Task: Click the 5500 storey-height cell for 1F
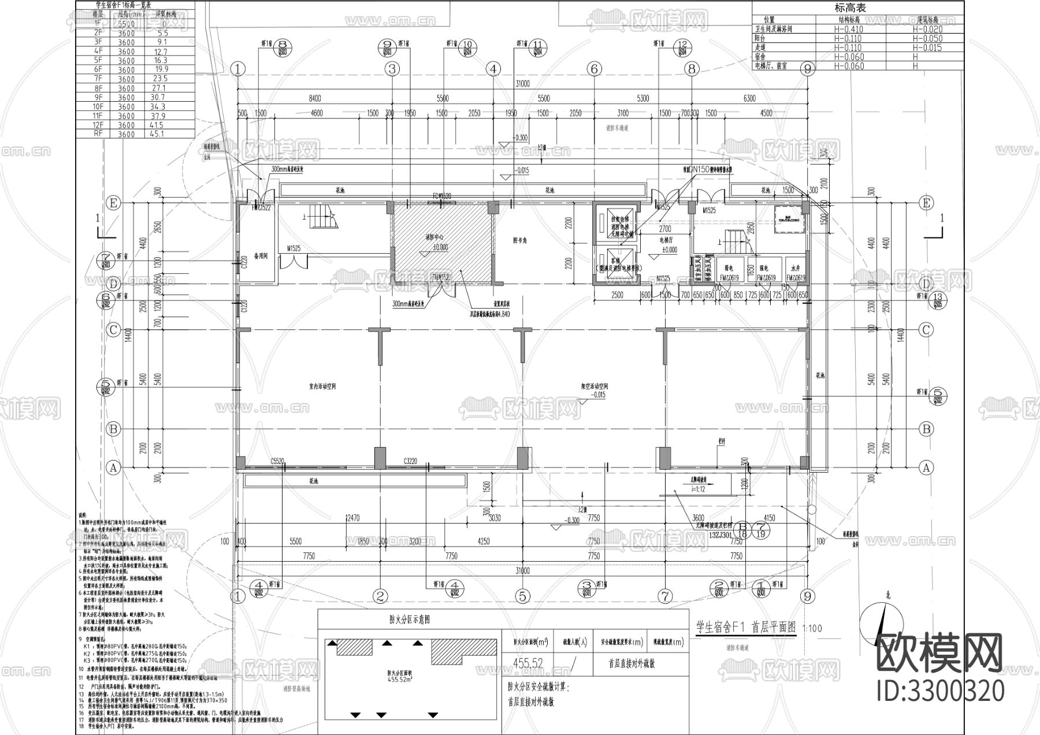126,24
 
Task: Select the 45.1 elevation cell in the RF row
157,134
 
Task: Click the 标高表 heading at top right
850,8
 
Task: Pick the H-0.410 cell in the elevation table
848,29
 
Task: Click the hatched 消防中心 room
440,243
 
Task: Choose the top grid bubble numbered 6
594,69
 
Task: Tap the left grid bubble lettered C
113,330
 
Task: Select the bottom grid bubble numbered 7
665,596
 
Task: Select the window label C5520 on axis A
277,461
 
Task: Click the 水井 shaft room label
795,268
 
